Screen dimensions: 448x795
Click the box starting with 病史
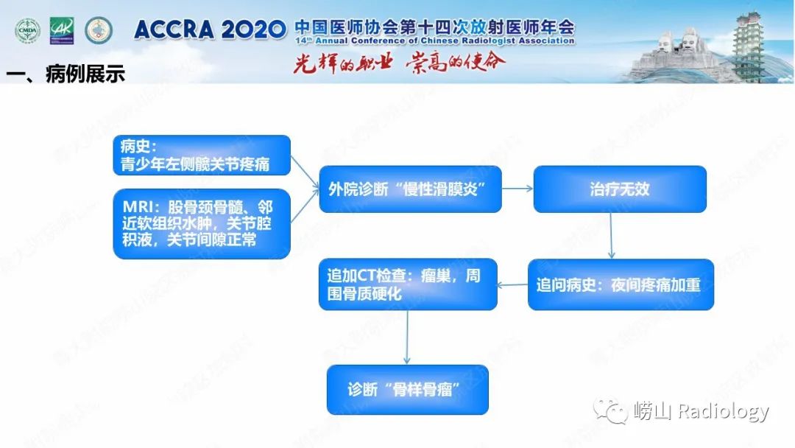coord(202,155)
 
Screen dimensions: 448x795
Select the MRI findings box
coord(202,224)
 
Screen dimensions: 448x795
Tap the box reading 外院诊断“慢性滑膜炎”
coord(410,189)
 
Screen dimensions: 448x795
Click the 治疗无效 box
coord(620,189)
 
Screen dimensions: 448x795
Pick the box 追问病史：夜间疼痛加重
coord(621,284)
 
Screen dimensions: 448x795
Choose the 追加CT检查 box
coord(408,284)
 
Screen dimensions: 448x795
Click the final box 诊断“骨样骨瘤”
coord(408,389)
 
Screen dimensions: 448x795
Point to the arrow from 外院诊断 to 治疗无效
coord(517,189)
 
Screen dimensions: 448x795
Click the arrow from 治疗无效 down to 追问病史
coord(612,236)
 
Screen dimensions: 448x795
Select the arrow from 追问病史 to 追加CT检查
coord(513,284)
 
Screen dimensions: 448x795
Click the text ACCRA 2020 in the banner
coord(210,29)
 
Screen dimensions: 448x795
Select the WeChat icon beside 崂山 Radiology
coord(611,410)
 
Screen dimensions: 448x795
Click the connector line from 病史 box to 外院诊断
coord(305,170)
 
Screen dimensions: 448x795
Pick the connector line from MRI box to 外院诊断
coord(305,210)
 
